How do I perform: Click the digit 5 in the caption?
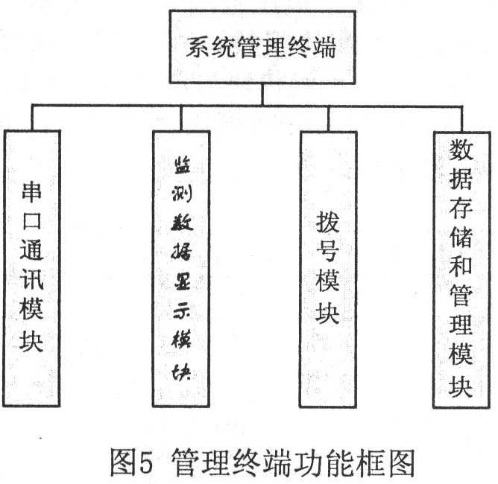pyautogui.click(x=146, y=462)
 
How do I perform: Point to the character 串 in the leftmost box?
pyautogui.click(x=31, y=191)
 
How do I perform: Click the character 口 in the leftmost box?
pyautogui.click(x=32, y=222)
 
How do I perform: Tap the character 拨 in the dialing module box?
pyautogui.click(x=328, y=223)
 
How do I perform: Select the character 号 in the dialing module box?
pyautogui.click(x=328, y=251)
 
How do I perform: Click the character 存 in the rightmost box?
pyautogui.click(x=461, y=207)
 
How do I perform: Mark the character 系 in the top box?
pyautogui.click(x=198, y=47)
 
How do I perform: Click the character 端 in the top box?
pyautogui.click(x=324, y=47)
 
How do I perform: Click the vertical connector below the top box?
pyautogui.click(x=262, y=95)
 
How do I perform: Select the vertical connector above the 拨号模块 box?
pyautogui.click(x=329, y=119)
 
